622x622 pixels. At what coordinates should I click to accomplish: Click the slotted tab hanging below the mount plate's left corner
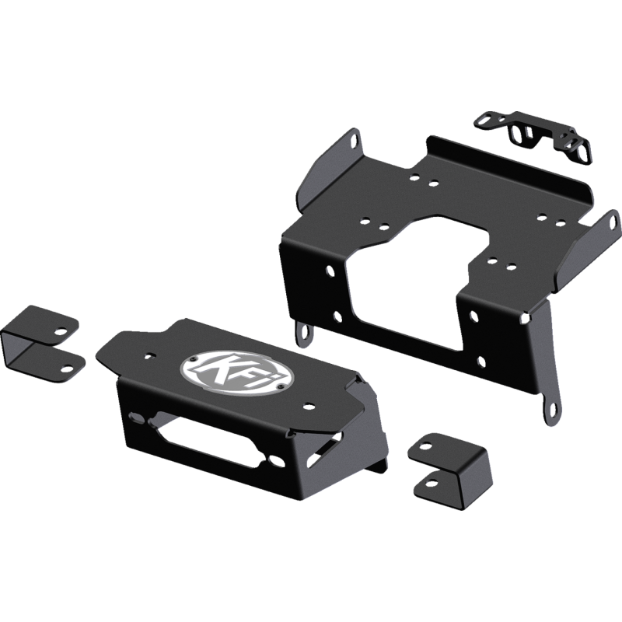coord(305,334)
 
